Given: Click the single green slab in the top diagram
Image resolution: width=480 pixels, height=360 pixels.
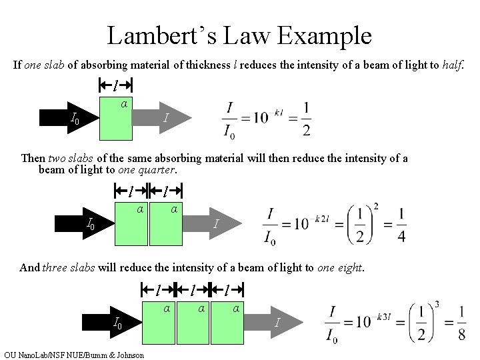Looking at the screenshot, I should click(x=116, y=118).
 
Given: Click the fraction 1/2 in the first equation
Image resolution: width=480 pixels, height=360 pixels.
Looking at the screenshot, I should click(x=305, y=119).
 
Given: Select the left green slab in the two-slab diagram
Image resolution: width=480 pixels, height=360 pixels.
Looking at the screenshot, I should click(x=131, y=223).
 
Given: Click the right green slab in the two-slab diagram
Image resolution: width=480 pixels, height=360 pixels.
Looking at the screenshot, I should click(x=165, y=223).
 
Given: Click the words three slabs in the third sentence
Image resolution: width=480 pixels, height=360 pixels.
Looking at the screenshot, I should click(x=69, y=268).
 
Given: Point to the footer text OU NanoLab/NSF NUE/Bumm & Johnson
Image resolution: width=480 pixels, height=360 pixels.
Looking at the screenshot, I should click(x=73, y=355).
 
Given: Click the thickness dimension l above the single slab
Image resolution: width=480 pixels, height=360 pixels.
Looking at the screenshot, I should click(x=116, y=85).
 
